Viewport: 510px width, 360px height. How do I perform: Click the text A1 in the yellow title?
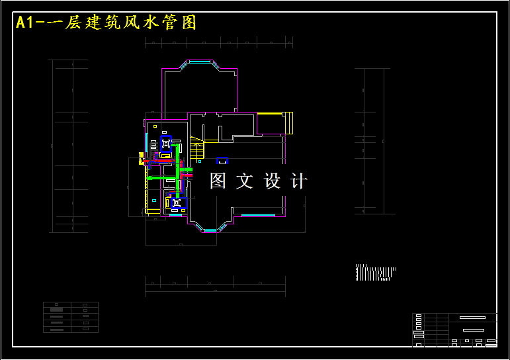tap(25, 22)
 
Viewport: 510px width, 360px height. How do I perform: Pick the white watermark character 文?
tap(245, 181)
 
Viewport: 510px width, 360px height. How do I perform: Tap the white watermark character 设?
tap(272, 181)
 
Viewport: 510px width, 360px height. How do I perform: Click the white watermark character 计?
tap(299, 181)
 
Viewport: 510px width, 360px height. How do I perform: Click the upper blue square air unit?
tap(166, 144)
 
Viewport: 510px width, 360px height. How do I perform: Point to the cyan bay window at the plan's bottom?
tap(210, 230)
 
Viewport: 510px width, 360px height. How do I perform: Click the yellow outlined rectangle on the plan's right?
tap(275, 123)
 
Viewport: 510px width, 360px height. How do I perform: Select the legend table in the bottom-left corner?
tap(71, 317)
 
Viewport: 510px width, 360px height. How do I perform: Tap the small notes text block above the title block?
tap(375, 273)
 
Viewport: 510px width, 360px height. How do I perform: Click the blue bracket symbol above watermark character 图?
tap(222, 160)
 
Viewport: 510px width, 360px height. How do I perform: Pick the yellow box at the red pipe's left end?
tap(141, 159)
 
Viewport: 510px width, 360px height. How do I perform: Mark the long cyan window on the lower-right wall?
tap(257, 215)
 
